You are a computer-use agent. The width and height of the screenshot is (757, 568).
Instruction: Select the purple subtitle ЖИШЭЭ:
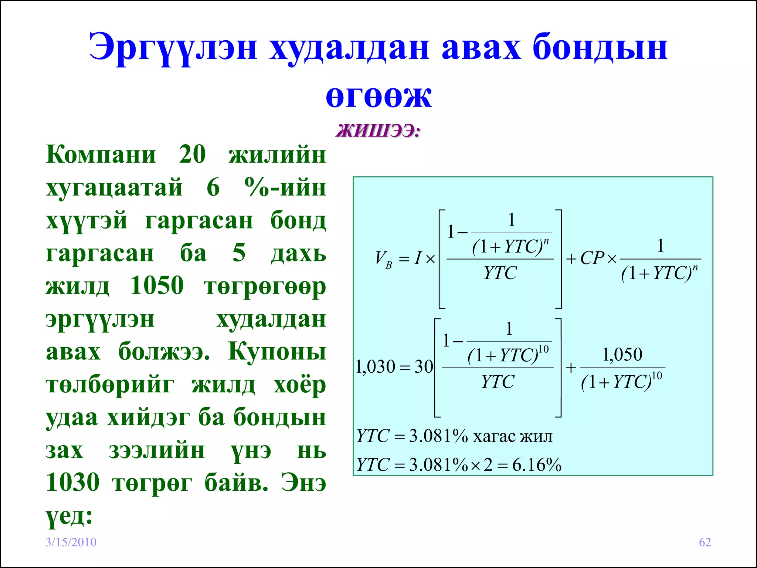pyautogui.click(x=378, y=131)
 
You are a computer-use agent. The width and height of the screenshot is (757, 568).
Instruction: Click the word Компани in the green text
pyautogui.click(x=101, y=154)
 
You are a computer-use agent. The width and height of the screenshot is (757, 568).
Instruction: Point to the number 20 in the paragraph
pyautogui.click(x=192, y=154)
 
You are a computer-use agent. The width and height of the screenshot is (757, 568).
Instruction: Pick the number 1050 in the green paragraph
pyautogui.click(x=157, y=285)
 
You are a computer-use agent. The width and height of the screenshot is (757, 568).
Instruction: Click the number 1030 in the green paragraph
pyautogui.click(x=73, y=483)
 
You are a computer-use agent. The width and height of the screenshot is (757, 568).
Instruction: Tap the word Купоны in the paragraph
pyautogui.click(x=277, y=351)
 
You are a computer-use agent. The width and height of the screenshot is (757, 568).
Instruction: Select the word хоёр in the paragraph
pyautogui.click(x=299, y=385)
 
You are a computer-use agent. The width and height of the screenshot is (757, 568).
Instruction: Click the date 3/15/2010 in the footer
pyautogui.click(x=71, y=542)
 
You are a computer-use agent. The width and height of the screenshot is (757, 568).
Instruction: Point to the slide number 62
pyautogui.click(x=705, y=542)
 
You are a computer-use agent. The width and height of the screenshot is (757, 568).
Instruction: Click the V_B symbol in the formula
pyautogui.click(x=383, y=259)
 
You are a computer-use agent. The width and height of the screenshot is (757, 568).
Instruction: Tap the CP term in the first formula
pyautogui.click(x=592, y=258)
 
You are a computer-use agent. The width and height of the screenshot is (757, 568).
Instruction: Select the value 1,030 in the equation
pyautogui.click(x=375, y=367)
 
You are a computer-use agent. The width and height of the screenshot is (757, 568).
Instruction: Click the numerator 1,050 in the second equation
pyautogui.click(x=622, y=355)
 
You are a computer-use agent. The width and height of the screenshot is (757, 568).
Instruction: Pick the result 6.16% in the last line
pyautogui.click(x=537, y=465)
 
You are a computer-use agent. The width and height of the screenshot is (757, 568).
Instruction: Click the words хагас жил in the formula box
pyautogui.click(x=513, y=437)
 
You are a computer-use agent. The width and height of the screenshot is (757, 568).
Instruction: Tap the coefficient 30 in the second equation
pyautogui.click(x=424, y=367)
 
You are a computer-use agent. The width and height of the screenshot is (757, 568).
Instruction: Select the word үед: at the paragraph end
pyautogui.click(x=69, y=515)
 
